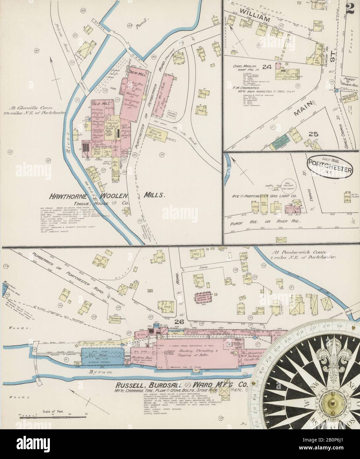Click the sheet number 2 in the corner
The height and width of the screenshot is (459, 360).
tap(351, 8)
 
